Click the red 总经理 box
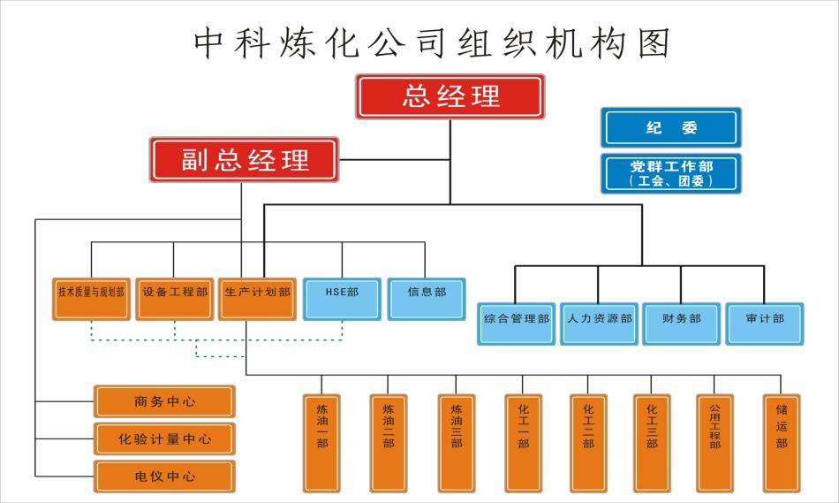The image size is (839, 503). pos(450,97)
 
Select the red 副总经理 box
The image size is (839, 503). pos(245,160)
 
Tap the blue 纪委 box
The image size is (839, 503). pos(671,128)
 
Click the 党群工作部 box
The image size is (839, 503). pos(671,173)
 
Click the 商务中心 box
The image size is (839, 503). pos(165,401)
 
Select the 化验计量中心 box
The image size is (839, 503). pos(165,438)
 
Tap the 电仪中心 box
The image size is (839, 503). pos(165,476)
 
